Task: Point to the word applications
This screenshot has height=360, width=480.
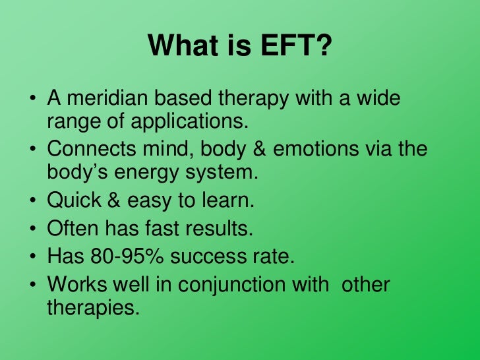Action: point(174,123)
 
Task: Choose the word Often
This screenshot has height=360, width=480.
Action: point(72,229)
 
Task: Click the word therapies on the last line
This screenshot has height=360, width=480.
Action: point(94,308)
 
